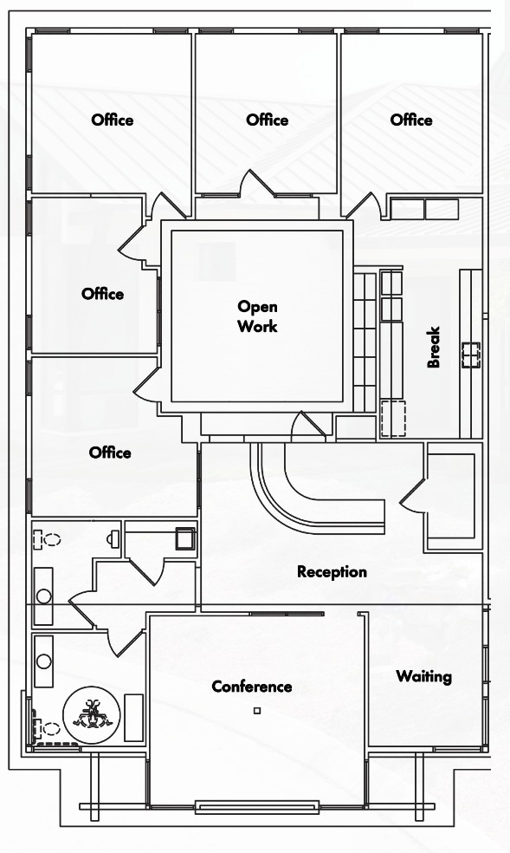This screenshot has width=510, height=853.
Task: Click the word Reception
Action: (x=332, y=572)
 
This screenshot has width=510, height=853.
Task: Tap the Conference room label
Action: (x=251, y=687)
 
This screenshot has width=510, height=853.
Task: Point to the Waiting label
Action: (x=423, y=676)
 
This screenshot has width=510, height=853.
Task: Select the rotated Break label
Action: (x=434, y=347)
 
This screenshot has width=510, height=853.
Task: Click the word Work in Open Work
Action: (x=257, y=327)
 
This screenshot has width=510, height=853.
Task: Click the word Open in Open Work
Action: (x=257, y=308)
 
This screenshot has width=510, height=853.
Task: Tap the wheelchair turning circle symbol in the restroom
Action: (x=91, y=715)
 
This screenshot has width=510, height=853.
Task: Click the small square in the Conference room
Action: (x=257, y=711)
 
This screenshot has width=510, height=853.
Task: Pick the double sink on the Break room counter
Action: (x=471, y=355)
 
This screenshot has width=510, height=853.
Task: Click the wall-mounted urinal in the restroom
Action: (x=113, y=538)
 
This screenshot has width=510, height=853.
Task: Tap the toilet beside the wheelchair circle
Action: (x=46, y=728)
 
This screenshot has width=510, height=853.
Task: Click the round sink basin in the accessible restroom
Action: (x=43, y=661)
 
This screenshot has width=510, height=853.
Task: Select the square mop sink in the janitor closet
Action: (x=184, y=538)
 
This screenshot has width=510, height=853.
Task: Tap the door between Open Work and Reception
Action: (x=308, y=426)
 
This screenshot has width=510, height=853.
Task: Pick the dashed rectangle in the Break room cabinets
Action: (x=393, y=419)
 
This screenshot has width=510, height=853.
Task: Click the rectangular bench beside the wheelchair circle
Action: (x=133, y=717)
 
